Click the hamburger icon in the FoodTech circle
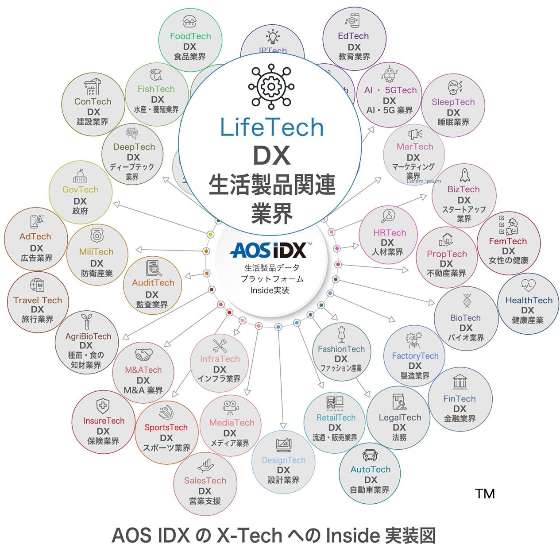190,21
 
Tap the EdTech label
353,36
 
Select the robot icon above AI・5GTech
389,74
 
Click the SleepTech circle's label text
453,102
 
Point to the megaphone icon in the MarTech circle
415,133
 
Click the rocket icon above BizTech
464,175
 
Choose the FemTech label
508,241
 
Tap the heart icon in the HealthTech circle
528,285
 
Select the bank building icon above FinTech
460,382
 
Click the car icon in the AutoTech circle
370,455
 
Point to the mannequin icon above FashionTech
341,335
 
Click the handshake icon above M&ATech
143,354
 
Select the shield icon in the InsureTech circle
103,405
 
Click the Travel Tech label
38,300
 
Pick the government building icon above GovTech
80,176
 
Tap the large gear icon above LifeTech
269,87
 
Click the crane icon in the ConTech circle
92,86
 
